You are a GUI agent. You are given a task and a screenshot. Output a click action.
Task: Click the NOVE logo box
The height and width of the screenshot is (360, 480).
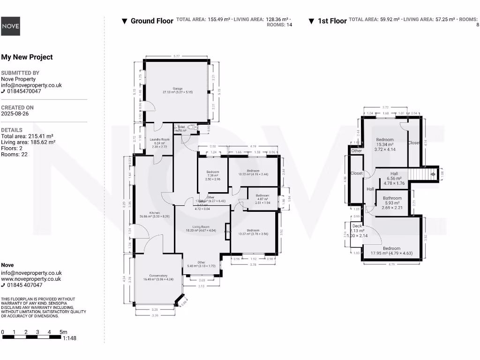[x=10, y=26]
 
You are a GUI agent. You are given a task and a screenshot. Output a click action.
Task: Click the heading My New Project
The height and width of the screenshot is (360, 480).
[x=27, y=57]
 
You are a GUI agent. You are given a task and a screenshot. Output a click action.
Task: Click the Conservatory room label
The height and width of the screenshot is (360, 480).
[x=158, y=276]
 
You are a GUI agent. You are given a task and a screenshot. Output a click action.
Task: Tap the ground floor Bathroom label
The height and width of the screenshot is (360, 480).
[x=262, y=195]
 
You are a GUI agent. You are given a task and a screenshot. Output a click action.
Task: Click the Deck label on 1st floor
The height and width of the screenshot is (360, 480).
[x=357, y=226]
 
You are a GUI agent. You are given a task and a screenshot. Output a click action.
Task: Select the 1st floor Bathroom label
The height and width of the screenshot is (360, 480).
[x=392, y=198]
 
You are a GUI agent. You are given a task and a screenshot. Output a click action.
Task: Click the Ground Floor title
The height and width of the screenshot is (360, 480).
[x=152, y=21]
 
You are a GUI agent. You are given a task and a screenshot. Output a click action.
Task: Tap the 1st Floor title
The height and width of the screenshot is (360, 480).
[x=332, y=21]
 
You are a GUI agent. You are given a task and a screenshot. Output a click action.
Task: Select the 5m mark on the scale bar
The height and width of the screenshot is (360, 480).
[x=64, y=332]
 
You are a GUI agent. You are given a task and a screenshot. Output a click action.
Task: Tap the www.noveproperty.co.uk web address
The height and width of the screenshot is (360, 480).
[x=31, y=279]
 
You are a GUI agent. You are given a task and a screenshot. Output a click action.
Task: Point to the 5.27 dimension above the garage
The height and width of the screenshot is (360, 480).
[x=176, y=57]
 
